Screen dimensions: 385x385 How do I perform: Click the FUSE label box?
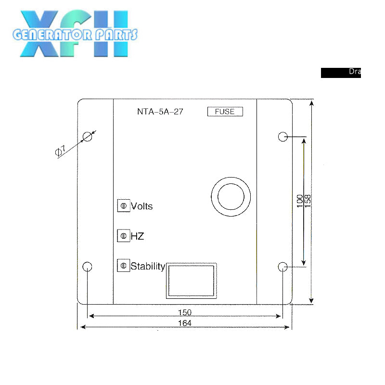[x=225, y=112]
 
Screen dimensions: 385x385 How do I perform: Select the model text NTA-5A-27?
[x=160, y=112]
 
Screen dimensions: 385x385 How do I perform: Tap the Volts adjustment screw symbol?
[x=124, y=206]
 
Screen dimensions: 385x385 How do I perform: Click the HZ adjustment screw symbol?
[x=124, y=236]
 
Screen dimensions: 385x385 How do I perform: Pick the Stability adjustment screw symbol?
[x=124, y=266]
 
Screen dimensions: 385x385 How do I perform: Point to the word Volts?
[x=141, y=206]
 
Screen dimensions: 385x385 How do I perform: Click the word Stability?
[x=148, y=266]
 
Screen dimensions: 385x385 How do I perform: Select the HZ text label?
[x=137, y=236]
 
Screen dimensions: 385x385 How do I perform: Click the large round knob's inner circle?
[x=231, y=197]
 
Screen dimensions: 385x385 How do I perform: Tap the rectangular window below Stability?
[x=191, y=280]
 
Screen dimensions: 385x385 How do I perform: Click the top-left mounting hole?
[x=87, y=137]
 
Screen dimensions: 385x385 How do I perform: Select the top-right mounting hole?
[x=283, y=137]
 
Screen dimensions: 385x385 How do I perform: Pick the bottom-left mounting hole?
[x=87, y=267]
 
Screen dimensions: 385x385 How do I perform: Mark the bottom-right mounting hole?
[x=283, y=267]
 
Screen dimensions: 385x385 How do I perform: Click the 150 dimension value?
[x=184, y=312]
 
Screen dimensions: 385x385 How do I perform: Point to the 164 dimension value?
[x=184, y=323]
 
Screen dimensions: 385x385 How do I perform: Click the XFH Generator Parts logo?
[x=75, y=34]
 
